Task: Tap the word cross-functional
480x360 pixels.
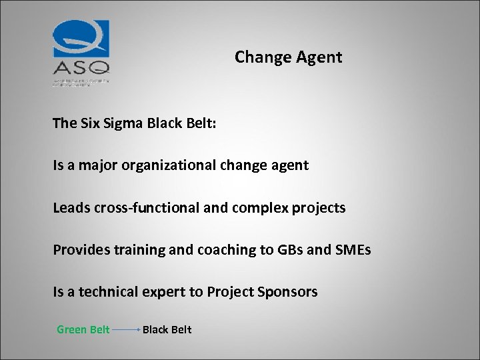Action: point(142,207)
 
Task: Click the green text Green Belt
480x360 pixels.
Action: point(83,329)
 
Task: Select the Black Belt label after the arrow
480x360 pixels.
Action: point(167,329)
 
